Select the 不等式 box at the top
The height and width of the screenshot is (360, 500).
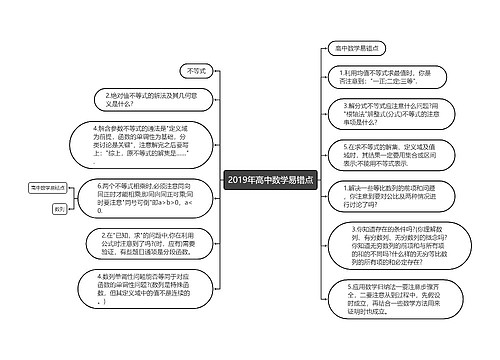[196, 71]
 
